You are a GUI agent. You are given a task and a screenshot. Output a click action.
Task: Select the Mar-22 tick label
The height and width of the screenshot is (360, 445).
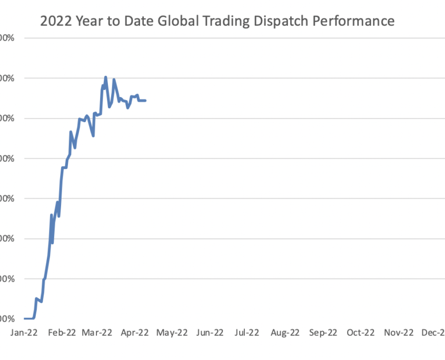(x=97, y=333)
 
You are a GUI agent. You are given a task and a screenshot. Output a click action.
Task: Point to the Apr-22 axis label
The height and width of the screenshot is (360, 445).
(x=135, y=333)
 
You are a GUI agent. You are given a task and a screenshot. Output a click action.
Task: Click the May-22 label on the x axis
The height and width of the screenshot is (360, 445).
(x=172, y=333)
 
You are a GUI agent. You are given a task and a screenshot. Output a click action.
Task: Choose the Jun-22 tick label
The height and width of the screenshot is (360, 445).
(x=210, y=333)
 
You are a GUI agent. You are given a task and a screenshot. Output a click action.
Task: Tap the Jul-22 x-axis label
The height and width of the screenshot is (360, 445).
(x=247, y=333)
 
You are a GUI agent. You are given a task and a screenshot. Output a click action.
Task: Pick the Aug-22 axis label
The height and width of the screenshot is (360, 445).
(x=285, y=333)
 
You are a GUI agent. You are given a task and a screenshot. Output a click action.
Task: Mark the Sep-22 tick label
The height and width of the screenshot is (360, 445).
(x=323, y=333)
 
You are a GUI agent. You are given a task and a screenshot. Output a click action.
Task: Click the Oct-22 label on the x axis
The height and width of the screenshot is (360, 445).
(x=361, y=333)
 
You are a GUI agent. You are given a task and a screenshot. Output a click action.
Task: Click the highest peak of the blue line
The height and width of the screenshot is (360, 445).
(x=105, y=77)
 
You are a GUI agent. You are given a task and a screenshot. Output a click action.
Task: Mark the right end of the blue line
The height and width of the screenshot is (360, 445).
(x=145, y=101)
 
